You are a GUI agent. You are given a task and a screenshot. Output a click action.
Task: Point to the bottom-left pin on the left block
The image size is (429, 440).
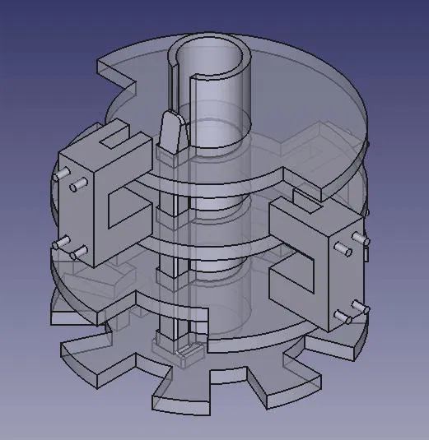(59, 242)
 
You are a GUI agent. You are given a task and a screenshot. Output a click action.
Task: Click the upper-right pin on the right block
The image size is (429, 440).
(360, 239)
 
